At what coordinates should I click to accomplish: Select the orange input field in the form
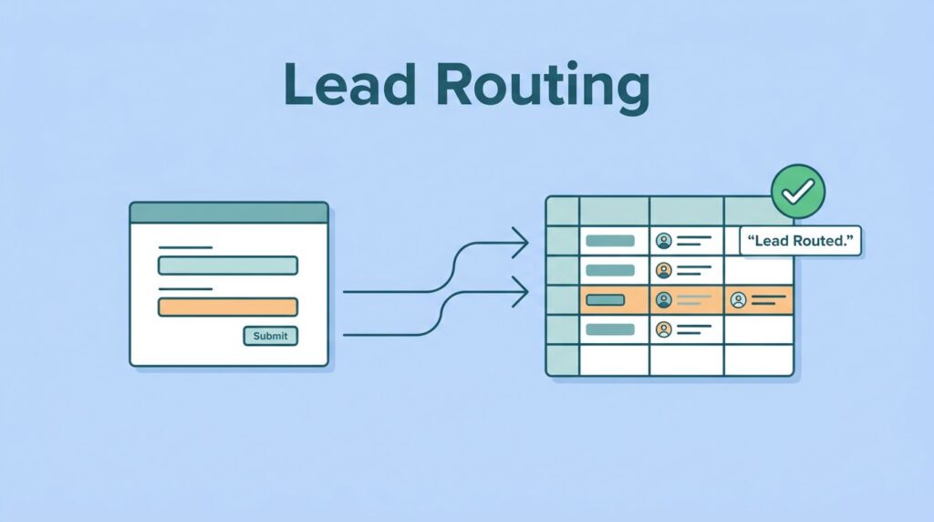tap(227, 307)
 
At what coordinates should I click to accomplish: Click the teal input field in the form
tap(227, 266)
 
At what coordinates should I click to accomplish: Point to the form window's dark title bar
tap(228, 213)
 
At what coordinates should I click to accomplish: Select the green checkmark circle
tap(797, 191)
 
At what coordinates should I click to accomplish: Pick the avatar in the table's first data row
tap(664, 241)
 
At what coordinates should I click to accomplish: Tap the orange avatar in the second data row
tap(664, 270)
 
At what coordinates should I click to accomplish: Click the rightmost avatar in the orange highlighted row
tap(739, 299)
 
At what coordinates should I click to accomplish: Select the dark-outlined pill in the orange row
tap(606, 299)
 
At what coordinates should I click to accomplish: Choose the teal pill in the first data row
tap(609, 241)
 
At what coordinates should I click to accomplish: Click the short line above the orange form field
tap(185, 289)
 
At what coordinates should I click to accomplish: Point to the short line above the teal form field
tap(185, 247)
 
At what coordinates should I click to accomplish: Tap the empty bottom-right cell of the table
tap(758, 359)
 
